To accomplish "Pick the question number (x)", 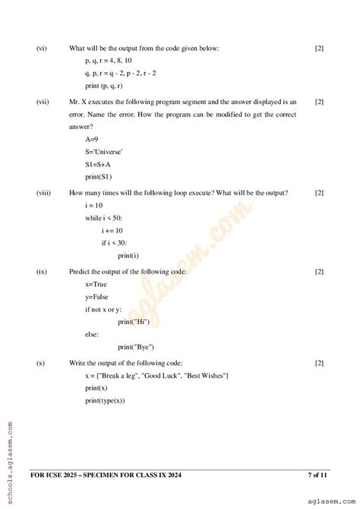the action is pos(41,363).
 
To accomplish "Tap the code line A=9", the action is pos(92,140).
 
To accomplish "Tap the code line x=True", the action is pos(96,283).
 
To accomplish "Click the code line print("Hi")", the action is pos(133,322).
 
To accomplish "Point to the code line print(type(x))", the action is pos(106,400).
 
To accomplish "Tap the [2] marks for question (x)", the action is pos(319,363).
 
